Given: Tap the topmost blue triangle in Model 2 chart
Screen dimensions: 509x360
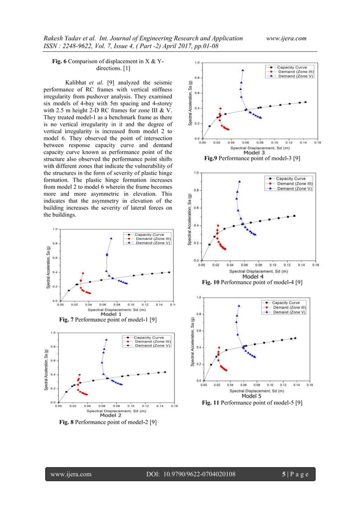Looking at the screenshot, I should [106, 340].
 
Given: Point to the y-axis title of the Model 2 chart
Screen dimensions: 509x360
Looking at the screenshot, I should [49, 368].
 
